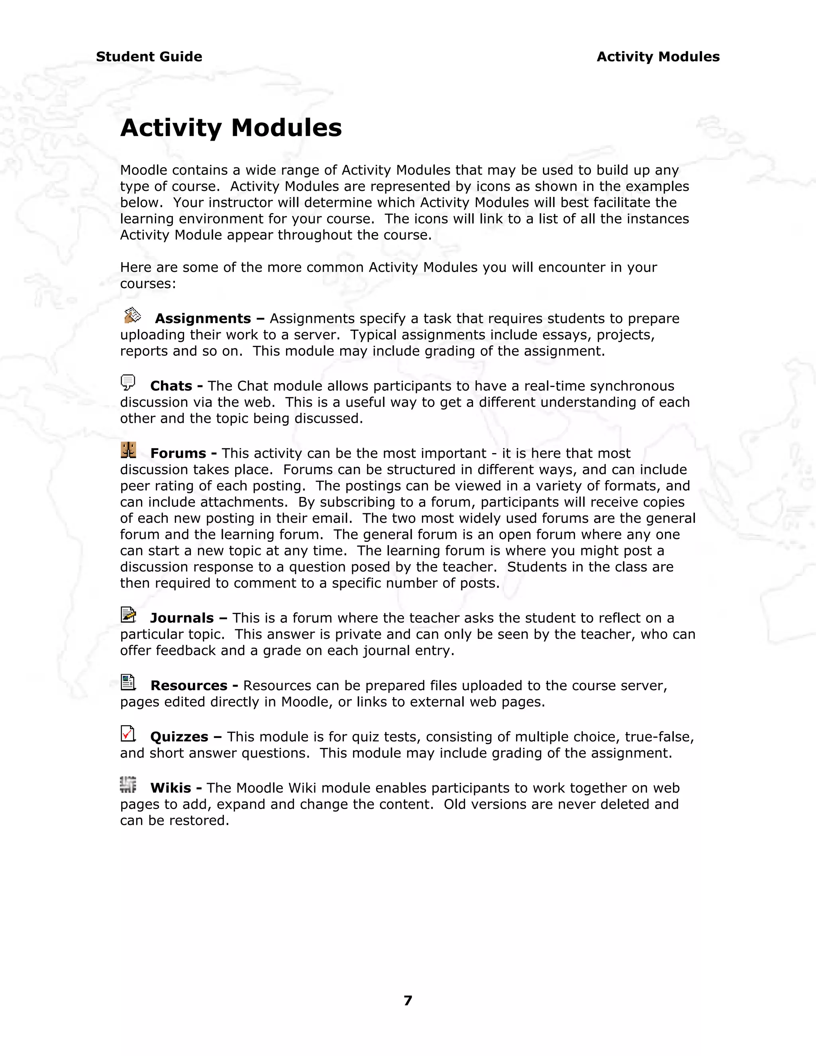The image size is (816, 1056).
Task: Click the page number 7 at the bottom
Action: click(x=408, y=1000)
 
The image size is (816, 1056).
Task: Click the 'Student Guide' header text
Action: click(x=149, y=57)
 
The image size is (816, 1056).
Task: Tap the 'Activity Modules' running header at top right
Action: click(x=658, y=57)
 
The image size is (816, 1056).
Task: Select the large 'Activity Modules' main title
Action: click(x=231, y=128)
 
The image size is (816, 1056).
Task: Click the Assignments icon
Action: click(x=132, y=316)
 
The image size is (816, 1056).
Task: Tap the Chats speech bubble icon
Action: click(x=127, y=383)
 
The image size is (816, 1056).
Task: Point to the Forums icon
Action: click(x=128, y=450)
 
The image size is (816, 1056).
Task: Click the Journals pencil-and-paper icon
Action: click(x=128, y=614)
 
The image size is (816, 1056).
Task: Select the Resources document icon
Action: click(x=128, y=682)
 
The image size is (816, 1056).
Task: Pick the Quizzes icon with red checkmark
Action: click(x=127, y=734)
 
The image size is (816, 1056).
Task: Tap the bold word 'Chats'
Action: click(x=171, y=386)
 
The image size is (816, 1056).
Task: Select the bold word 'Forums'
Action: click(x=178, y=453)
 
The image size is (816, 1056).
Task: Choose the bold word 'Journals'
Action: click(x=182, y=618)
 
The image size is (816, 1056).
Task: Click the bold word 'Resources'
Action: click(x=188, y=686)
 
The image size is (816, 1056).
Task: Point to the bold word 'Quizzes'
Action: click(x=179, y=737)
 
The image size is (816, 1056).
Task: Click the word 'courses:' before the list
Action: click(x=148, y=284)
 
